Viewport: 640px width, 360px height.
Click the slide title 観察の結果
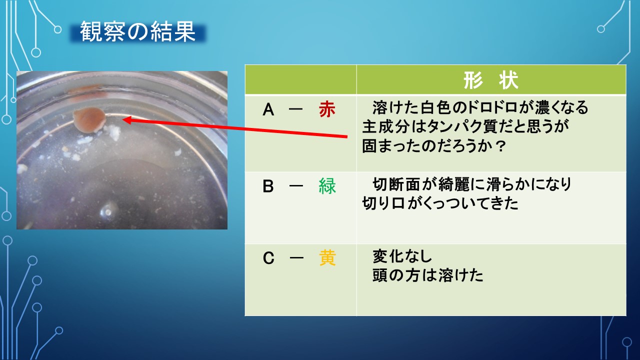pos(137,32)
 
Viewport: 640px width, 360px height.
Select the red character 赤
pos(327,110)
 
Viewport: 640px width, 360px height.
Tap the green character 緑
pos(327,186)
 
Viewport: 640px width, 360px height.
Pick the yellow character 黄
pos(327,258)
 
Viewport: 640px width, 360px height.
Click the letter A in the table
pos(269,110)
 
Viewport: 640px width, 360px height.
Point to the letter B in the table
pos(269,186)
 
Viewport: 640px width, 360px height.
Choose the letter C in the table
pos(269,258)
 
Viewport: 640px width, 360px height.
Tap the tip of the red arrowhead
pos(123,119)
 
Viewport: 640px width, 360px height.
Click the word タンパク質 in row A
pos(448,127)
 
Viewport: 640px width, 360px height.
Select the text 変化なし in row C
pos(402,256)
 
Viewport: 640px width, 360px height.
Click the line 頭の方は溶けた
pos(428,275)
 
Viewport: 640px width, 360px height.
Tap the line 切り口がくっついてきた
pos(440,203)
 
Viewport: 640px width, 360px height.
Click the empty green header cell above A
pos(300,80)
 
